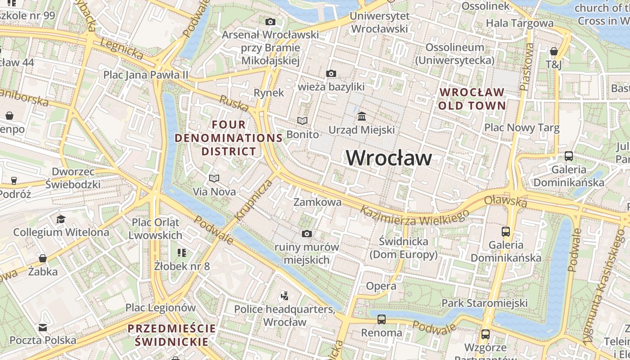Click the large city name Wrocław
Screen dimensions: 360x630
389,158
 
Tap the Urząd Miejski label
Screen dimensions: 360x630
362,130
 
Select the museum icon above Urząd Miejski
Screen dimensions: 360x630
361,117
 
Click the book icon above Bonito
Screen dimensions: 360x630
302,121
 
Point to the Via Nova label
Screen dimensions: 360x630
214,192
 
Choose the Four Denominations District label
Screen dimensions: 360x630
229,138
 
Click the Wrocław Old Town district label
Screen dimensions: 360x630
472,99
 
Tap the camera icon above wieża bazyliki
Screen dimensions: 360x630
331,73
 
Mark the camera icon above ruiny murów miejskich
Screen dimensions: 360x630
307,234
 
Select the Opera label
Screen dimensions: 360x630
381,286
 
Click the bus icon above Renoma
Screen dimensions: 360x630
382,319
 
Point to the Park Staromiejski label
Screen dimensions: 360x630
484,303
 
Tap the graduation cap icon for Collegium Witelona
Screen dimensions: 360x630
61,219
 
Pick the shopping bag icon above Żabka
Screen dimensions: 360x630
43,258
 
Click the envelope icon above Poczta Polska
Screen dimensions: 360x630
43,327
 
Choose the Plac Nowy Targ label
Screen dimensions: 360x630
522,128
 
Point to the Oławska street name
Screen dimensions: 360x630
506,201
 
